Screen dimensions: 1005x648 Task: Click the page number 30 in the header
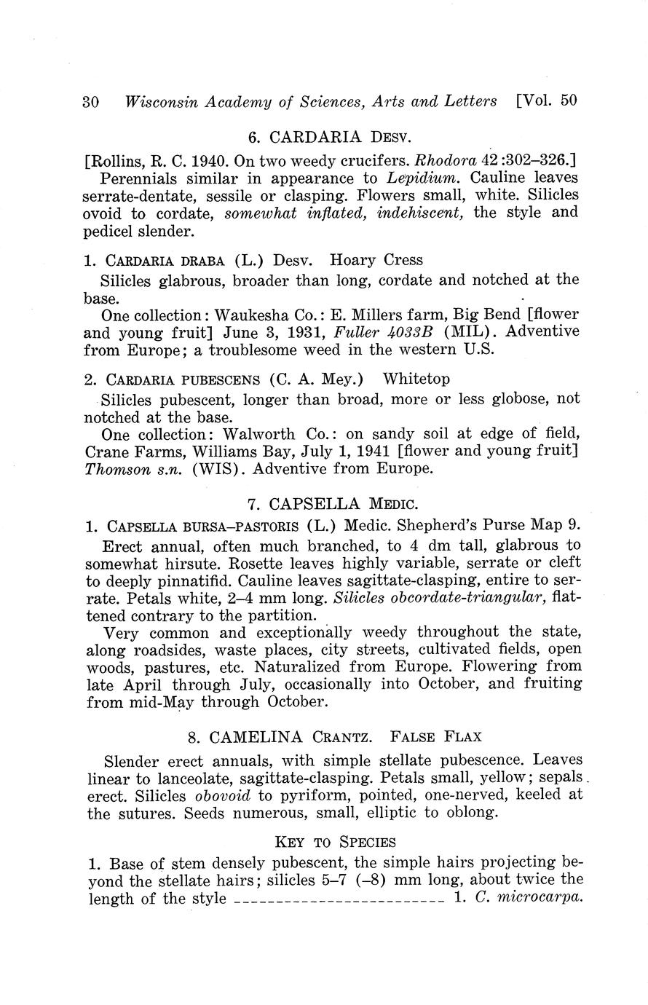coord(91,102)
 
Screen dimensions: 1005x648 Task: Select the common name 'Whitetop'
coord(416,379)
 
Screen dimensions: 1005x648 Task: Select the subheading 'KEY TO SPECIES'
coord(335,843)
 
